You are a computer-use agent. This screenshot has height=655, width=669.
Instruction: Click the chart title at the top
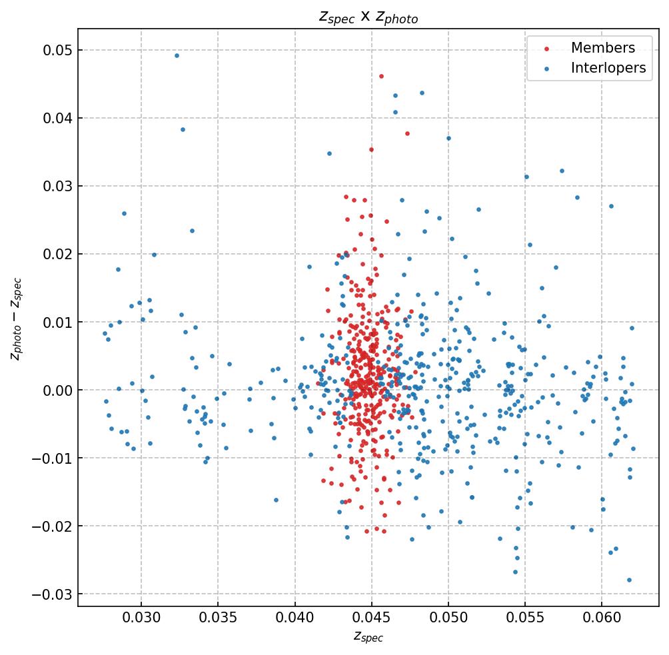pyautogui.click(x=368, y=17)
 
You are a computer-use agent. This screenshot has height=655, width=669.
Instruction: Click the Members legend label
pyautogui.click(x=602, y=48)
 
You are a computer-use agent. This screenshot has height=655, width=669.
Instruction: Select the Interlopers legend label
pyautogui.click(x=608, y=68)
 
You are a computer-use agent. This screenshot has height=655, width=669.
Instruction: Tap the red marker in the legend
pyautogui.click(x=547, y=49)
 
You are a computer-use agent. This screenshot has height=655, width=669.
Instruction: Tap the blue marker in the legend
pyautogui.click(x=547, y=69)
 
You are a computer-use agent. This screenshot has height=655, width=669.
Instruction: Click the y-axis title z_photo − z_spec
pyautogui.click(x=16, y=319)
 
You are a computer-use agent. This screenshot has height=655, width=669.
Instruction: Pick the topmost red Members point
pyautogui.click(x=381, y=76)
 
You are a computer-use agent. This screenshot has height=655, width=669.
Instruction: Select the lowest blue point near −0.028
pyautogui.click(x=629, y=580)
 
